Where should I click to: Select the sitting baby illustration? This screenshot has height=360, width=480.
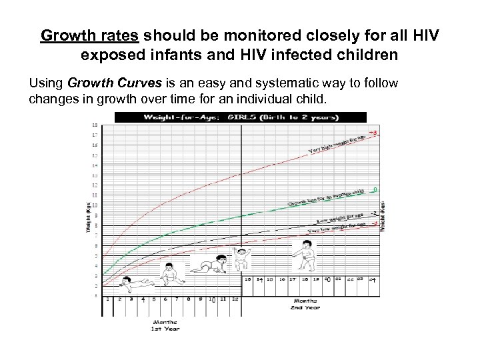169,275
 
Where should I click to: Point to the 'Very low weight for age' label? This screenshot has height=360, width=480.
337,227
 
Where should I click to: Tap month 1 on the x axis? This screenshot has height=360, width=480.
108,299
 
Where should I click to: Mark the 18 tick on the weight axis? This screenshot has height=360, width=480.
94,125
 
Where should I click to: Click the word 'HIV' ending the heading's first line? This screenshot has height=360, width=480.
425,35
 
